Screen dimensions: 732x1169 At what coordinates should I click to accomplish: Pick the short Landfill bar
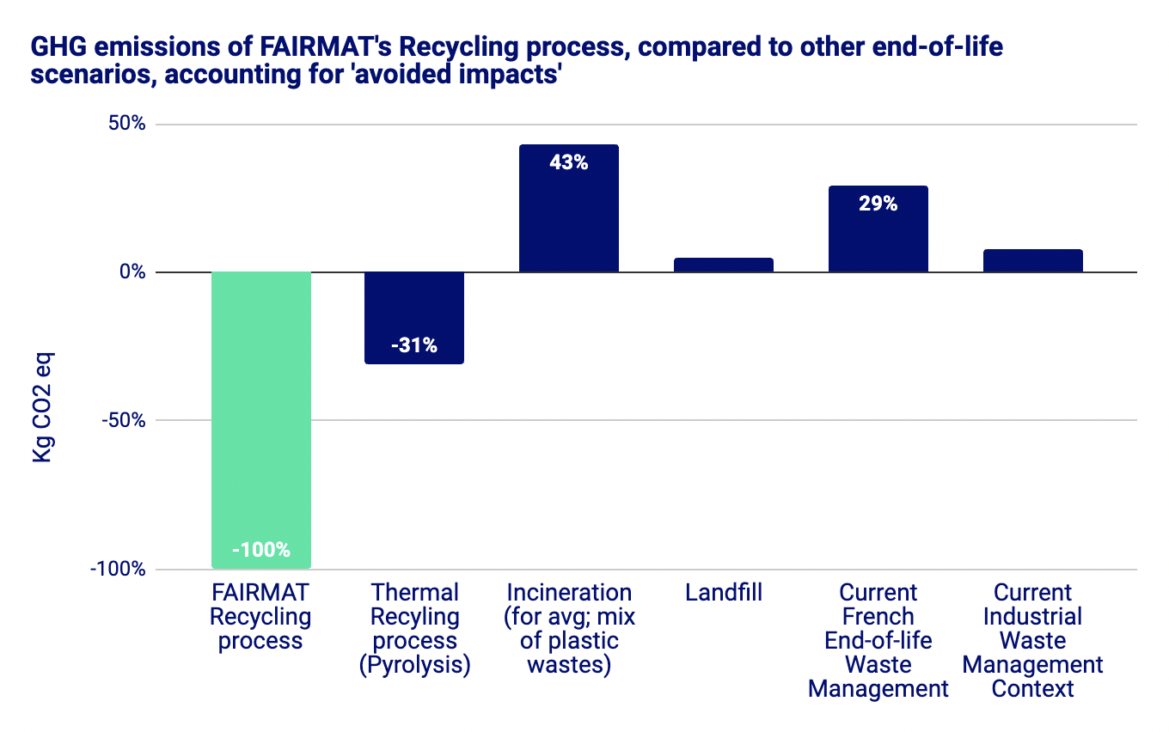(x=724, y=265)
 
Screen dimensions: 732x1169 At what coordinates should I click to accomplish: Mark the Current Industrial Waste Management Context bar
(x=1032, y=261)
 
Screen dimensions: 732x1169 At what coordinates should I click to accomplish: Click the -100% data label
(x=260, y=550)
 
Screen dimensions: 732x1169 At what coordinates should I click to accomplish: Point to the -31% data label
(x=414, y=345)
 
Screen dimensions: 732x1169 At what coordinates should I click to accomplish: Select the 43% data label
(x=569, y=162)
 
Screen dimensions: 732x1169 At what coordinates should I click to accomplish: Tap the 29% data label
(x=878, y=204)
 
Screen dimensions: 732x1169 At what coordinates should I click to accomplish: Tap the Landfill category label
(x=724, y=593)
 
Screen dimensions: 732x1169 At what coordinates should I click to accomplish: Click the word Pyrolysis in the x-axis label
(x=414, y=666)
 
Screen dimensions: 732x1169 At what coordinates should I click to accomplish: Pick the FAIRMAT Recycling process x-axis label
(x=260, y=617)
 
